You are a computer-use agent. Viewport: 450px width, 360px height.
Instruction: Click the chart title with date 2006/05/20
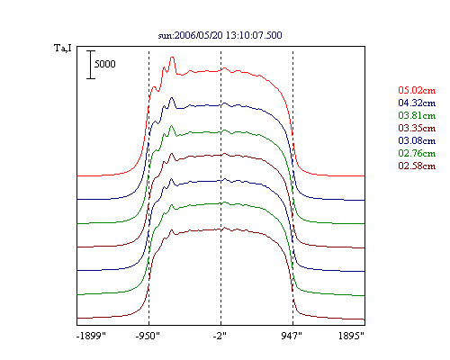point(220,35)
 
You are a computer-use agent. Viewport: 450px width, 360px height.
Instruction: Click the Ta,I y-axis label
point(63,48)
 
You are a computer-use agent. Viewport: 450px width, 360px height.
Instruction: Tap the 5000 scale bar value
point(104,64)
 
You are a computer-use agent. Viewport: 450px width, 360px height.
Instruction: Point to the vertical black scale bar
point(91,65)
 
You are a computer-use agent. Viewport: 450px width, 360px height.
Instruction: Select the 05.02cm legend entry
point(417,90)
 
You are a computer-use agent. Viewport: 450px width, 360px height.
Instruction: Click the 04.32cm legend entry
point(417,103)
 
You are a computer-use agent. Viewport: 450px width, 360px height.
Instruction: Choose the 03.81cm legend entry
point(417,115)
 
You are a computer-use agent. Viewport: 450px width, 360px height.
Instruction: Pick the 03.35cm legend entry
point(417,128)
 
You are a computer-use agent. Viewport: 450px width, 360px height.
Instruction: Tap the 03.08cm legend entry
point(417,140)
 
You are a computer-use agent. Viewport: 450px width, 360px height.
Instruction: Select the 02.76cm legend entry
point(417,153)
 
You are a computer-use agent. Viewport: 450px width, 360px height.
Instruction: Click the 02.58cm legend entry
point(417,166)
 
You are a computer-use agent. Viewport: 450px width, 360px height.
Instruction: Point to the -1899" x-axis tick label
point(91,336)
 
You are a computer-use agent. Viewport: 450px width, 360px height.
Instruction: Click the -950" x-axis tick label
point(148,336)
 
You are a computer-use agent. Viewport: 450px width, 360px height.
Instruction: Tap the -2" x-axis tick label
point(220,336)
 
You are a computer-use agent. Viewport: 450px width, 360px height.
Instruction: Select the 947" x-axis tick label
point(292,336)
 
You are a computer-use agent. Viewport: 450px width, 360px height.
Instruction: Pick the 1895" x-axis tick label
point(351,336)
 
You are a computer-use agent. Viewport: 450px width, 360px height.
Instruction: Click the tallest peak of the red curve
point(172,57)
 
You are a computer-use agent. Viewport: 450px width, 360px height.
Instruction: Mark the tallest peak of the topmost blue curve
point(172,97)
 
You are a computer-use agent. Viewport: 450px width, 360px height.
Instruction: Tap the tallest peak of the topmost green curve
point(172,126)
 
